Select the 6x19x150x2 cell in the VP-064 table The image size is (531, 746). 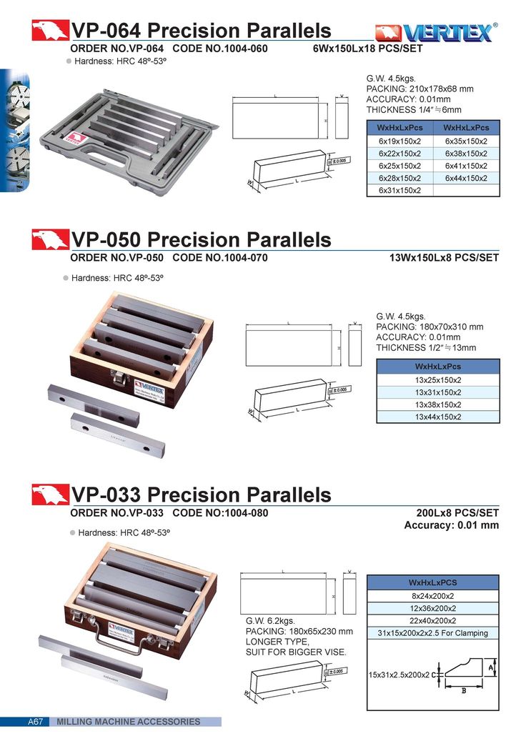[x=400, y=141]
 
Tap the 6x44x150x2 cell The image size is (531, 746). [x=466, y=178]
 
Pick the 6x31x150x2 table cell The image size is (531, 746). [x=400, y=190]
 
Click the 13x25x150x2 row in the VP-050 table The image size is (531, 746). [x=437, y=380]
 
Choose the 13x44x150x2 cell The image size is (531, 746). [x=437, y=417]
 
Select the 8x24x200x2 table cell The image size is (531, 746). [x=433, y=596]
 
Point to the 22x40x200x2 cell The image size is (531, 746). [x=433, y=620]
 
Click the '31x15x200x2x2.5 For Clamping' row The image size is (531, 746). [x=433, y=633]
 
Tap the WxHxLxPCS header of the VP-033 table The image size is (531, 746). [x=433, y=582]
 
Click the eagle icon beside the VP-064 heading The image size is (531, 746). [x=50, y=31]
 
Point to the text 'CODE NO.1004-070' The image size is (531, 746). [x=220, y=258]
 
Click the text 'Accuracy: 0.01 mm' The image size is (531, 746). [x=451, y=525]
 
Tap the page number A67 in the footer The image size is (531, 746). [x=36, y=722]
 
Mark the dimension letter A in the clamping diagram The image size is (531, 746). [x=492, y=666]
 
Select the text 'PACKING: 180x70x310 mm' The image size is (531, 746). [x=430, y=327]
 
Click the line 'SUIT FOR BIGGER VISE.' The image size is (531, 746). [x=296, y=652]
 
